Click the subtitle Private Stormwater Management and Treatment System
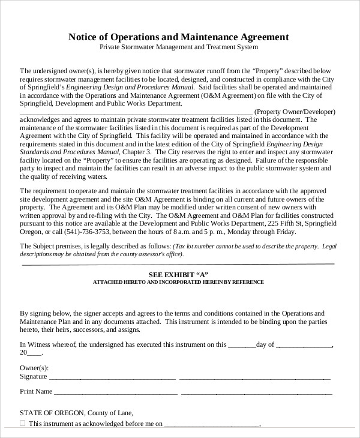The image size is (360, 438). (x=179, y=47)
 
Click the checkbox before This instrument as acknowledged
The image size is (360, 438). (x=23, y=423)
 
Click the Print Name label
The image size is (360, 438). (x=35, y=392)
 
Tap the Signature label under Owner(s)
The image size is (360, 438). (x=34, y=377)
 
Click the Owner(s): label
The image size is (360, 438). (x=34, y=367)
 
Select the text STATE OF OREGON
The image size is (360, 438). (x=49, y=413)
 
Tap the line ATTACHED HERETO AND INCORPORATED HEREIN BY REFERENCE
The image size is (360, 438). (x=178, y=281)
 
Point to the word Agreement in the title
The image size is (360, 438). (x=263, y=37)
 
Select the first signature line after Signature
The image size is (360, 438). (x=112, y=379)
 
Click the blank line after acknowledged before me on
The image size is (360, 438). (x=212, y=425)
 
